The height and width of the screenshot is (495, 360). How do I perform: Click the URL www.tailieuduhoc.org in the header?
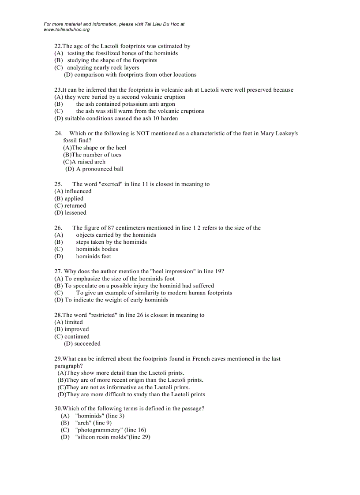point(67,30)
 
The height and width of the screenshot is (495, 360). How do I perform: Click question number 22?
point(57,46)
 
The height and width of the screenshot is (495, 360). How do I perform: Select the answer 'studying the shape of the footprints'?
point(112,60)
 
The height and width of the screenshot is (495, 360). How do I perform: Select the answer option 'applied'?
point(74,198)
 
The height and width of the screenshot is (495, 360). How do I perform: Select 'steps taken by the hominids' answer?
point(111,242)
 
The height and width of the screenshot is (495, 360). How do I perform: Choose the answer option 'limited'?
point(73,322)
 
